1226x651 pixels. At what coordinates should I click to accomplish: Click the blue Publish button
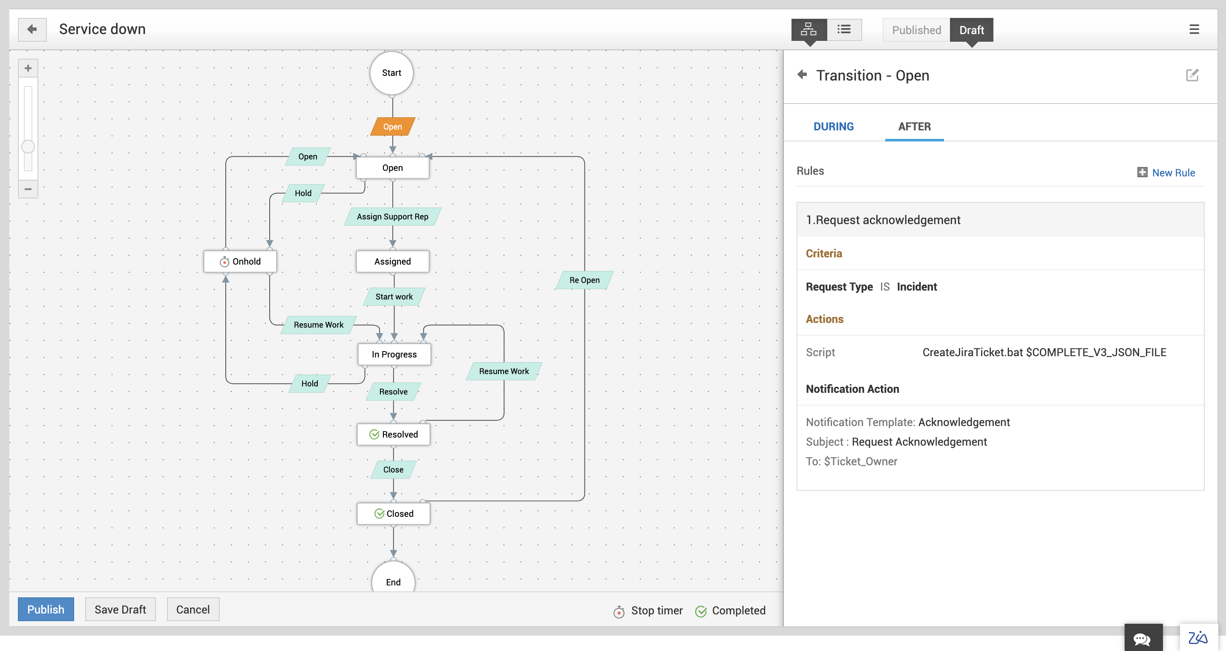pos(46,609)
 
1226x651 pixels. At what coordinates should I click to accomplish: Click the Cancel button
pos(193,609)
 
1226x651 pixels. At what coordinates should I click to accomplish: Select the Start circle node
pos(391,73)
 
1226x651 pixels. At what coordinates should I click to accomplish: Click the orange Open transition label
pos(393,127)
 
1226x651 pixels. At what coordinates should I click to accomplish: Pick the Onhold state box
pos(240,261)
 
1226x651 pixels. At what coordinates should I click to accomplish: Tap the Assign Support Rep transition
pos(393,216)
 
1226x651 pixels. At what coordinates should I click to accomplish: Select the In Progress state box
pos(394,354)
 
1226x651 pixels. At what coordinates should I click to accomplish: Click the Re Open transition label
pos(584,280)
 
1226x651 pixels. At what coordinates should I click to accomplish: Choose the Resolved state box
pos(394,434)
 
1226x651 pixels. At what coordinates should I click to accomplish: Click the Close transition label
pos(394,470)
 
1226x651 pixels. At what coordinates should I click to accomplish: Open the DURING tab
pos(833,127)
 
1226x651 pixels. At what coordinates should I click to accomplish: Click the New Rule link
pos(1173,173)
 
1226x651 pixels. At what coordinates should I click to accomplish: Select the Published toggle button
pos(916,30)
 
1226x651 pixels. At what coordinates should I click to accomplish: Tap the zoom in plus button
pos(28,68)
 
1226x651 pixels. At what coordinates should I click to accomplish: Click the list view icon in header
pos(844,29)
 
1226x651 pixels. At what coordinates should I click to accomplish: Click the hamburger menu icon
pos(1194,29)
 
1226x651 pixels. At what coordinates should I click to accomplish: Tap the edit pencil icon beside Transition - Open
pos(1192,75)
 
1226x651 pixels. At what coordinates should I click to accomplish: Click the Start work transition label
pos(394,297)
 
